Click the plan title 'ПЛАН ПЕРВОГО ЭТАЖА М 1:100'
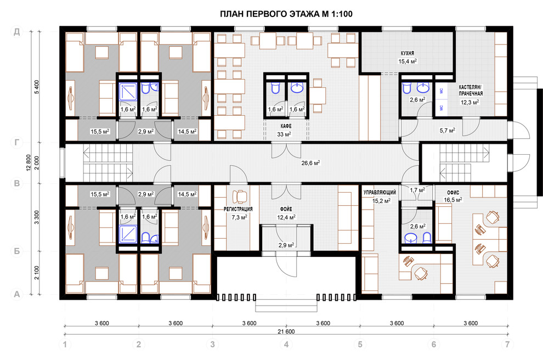pyautogui.click(x=286, y=14)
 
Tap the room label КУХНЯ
pyautogui.click(x=407, y=53)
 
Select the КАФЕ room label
pyautogui.click(x=286, y=126)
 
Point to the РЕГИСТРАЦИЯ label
pyautogui.click(x=238, y=209)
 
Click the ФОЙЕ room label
pyautogui.click(x=286, y=209)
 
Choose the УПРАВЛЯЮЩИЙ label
pyautogui.click(x=380, y=192)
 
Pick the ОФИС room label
pyautogui.click(x=453, y=192)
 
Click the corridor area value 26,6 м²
pyautogui.click(x=310, y=163)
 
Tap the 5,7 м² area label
pyautogui.click(x=448, y=131)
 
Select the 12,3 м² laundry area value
pyautogui.click(x=470, y=102)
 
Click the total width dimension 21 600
pyautogui.click(x=286, y=331)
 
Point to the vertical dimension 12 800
pyautogui.click(x=29, y=163)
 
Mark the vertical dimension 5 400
pyautogui.click(x=37, y=87)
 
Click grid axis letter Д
pyautogui.click(x=16, y=32)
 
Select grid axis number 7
pyautogui.click(x=507, y=345)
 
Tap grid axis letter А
pyautogui.click(x=16, y=294)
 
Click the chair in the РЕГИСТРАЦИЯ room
pyautogui.click(x=240, y=196)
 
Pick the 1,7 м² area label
pyautogui.click(x=417, y=190)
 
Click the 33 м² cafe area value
pyautogui.click(x=284, y=134)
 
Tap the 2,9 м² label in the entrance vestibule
pyautogui.click(x=286, y=245)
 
